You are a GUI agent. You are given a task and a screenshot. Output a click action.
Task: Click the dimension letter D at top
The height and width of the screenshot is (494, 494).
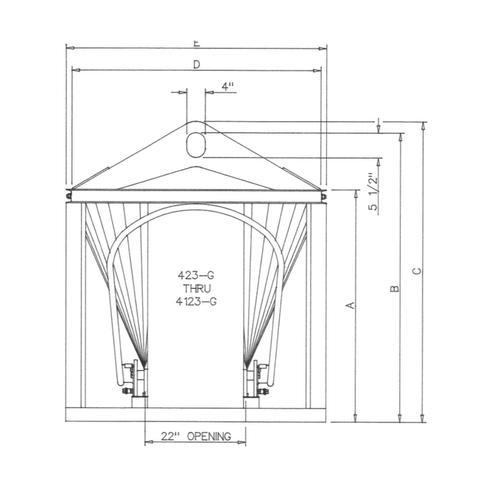pyautogui.click(x=196, y=64)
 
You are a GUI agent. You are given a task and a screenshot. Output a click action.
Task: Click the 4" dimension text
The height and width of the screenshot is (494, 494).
pyautogui.click(x=228, y=87)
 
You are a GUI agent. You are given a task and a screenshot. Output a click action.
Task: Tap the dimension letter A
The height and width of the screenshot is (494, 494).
pyautogui.click(x=350, y=305)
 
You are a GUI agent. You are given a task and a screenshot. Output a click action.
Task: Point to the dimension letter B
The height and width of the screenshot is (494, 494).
pyautogui.click(x=395, y=288)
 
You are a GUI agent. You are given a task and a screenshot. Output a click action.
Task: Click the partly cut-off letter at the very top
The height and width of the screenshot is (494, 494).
pyautogui.click(x=196, y=43)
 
